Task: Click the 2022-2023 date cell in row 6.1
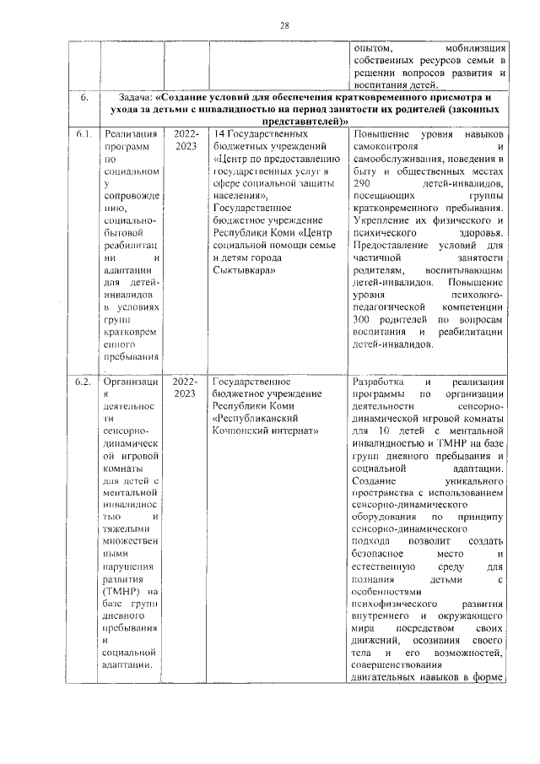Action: click(x=185, y=140)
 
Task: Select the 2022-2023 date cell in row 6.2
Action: click(x=185, y=387)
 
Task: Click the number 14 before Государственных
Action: click(x=220, y=134)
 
